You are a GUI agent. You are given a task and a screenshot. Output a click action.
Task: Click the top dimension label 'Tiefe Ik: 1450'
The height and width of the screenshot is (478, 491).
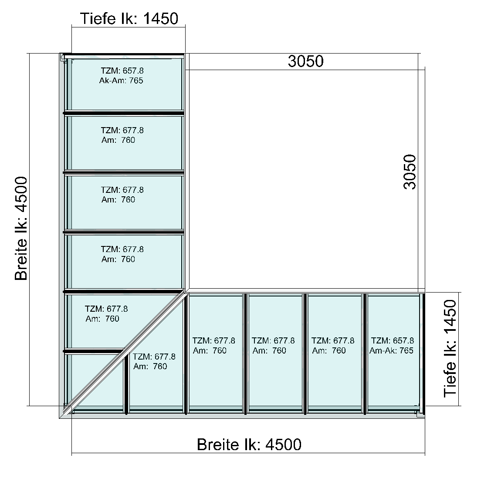click(129, 18)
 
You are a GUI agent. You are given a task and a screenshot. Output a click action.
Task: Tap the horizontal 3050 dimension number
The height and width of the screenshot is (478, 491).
click(306, 61)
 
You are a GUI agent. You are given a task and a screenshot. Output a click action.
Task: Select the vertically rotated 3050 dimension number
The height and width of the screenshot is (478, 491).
click(410, 172)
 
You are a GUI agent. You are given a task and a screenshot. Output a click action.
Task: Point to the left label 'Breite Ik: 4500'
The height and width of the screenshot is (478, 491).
click(21, 229)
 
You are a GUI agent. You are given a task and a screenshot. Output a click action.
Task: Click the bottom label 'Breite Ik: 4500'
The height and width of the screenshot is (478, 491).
click(249, 444)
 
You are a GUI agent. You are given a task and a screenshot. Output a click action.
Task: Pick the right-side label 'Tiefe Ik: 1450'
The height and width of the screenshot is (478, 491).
click(450, 349)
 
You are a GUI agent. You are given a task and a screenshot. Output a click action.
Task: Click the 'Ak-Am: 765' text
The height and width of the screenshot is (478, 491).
click(121, 81)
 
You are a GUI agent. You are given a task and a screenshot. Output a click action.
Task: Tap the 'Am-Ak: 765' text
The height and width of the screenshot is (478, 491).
click(391, 350)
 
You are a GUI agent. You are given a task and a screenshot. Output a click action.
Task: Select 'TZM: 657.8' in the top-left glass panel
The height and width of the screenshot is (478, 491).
click(122, 71)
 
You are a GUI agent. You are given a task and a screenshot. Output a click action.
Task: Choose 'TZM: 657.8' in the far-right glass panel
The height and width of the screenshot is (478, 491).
click(393, 340)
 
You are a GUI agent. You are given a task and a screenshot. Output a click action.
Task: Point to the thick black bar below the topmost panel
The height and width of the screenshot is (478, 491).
click(124, 113)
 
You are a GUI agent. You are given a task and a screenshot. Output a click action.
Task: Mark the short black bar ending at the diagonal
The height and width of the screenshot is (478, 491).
click(93, 351)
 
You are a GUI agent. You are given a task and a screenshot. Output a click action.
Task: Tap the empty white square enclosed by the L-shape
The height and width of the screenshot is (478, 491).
click(302, 179)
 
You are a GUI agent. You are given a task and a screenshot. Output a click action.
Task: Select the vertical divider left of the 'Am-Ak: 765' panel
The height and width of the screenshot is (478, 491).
click(365, 353)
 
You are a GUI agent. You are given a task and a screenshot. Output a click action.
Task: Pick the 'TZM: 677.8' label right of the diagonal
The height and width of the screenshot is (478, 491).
click(154, 357)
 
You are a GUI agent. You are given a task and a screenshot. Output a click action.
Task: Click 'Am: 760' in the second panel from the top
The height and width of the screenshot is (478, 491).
click(118, 140)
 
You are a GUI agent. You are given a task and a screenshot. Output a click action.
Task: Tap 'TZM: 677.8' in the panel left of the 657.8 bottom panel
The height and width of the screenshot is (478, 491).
click(333, 340)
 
